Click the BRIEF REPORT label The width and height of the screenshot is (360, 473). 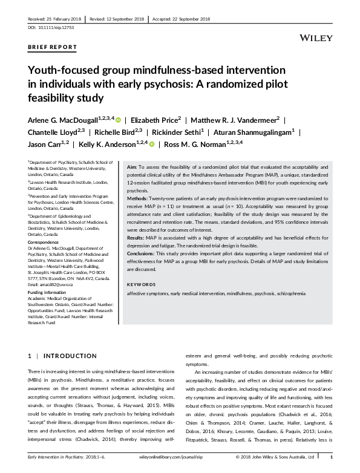[53, 47]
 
